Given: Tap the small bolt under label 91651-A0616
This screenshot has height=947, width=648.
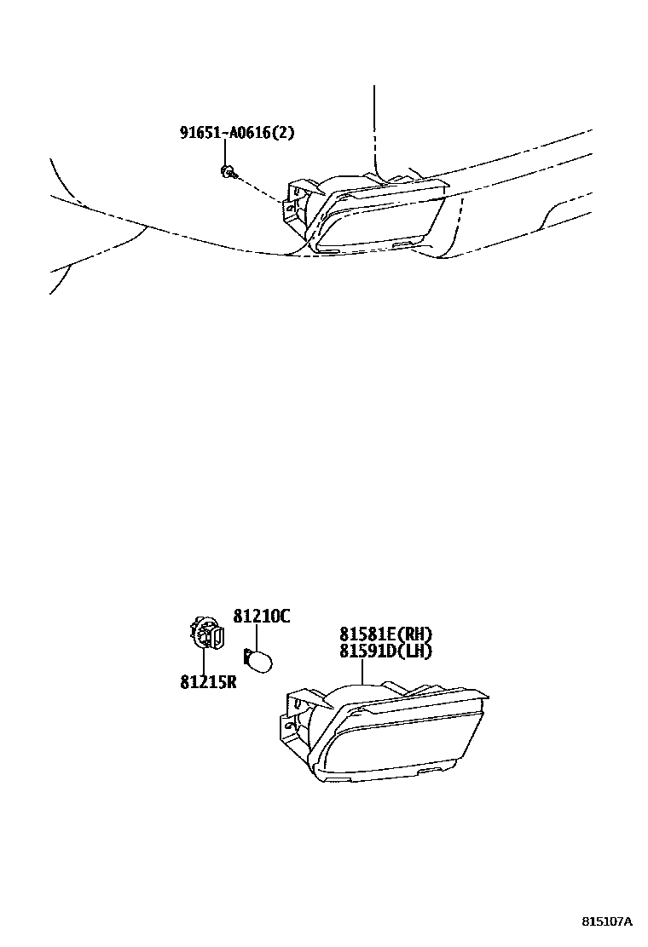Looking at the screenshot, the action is coord(228,173).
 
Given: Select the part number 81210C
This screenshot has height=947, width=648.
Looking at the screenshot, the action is coord(261,616).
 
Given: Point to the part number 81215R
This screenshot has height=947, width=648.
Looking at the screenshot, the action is coord(207,682).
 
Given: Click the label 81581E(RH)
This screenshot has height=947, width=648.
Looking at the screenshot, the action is coord(385,634).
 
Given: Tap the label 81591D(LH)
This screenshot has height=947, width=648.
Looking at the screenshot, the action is coord(385,651).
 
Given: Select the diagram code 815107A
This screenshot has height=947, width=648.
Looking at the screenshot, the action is coord(607,921).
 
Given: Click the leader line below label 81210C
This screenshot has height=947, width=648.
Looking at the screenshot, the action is coord(255,635).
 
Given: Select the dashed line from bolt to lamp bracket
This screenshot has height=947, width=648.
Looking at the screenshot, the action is coord(259,188).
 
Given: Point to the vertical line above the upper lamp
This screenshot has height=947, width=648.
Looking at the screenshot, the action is coord(373,128).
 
